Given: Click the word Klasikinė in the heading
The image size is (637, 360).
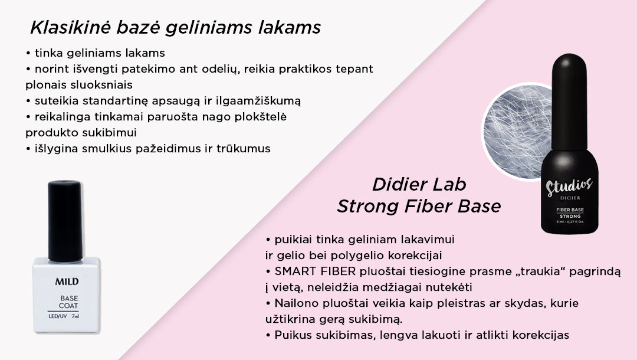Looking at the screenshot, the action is point(71,28).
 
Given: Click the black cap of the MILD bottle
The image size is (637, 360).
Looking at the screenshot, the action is point(65,221).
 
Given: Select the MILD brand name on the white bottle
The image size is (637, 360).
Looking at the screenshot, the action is point(67,281).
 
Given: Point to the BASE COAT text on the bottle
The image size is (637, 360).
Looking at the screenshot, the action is point(68,302).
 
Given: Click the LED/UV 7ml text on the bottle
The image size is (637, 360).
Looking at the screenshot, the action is point(64,316).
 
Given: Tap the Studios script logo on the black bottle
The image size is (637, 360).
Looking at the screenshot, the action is point(569,186).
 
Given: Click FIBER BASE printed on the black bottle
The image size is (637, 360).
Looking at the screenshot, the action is point(570,210).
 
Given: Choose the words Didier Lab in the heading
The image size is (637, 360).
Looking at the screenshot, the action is point(419,185).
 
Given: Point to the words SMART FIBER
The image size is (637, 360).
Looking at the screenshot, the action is point(315,271).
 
